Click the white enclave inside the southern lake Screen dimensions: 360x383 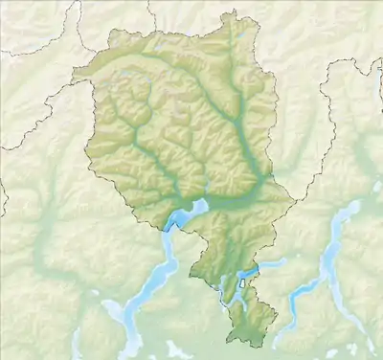tap(242, 282)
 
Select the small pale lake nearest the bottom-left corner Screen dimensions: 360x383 tap(113, 310)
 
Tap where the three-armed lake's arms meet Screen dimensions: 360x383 tap(330, 257)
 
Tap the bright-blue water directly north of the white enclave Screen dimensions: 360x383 tap(241, 272)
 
